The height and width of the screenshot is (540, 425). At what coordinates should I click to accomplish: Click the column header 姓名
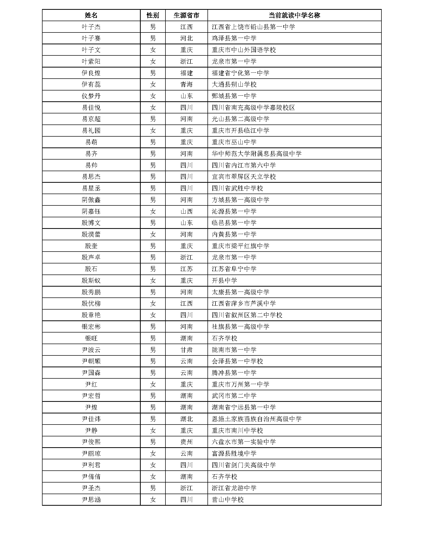point(91,15)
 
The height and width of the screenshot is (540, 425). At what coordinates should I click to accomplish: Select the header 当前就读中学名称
point(294,15)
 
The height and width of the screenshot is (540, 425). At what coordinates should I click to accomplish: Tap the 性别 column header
point(153,15)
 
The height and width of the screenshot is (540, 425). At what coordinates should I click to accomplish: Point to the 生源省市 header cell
point(186,15)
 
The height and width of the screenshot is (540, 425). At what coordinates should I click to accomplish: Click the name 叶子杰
point(91,27)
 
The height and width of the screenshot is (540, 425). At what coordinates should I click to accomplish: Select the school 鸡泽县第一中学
point(234,38)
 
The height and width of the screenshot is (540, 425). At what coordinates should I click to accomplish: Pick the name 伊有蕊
point(91,85)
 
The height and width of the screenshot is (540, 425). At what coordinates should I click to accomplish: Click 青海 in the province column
point(186,85)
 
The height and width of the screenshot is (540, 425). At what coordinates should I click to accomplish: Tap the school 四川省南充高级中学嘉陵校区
point(253,107)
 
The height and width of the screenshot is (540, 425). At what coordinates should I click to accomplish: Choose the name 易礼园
point(91,131)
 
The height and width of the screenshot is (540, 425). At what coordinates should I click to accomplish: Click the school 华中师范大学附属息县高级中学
point(256,154)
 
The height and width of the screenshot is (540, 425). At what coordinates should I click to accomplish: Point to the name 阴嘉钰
point(91,211)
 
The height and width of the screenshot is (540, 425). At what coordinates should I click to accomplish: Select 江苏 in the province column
point(186,269)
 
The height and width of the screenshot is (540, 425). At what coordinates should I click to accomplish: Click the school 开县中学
point(224,280)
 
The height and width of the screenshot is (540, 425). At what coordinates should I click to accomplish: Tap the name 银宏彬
point(91,327)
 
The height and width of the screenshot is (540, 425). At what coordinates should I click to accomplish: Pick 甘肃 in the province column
point(186,350)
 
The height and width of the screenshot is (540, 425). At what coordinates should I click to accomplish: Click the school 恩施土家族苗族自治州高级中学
point(256,419)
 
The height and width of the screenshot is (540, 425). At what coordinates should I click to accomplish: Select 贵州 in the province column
point(186,442)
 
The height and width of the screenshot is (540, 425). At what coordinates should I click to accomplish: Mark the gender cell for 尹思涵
point(153,500)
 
